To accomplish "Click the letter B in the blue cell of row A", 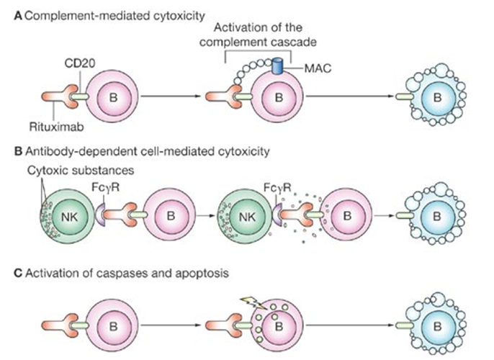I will coord(439,96).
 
